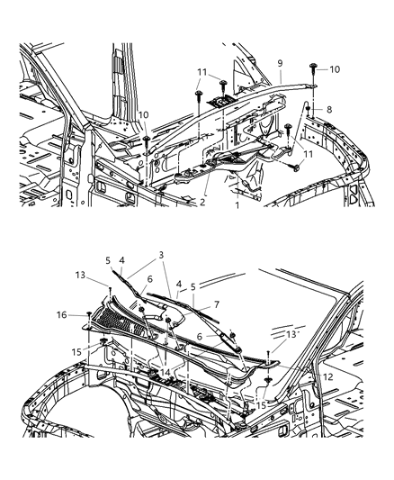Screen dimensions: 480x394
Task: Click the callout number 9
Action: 280,63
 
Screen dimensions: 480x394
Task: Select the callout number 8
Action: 328,109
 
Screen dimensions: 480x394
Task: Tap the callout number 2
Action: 203,203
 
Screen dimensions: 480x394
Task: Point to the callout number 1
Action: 237,206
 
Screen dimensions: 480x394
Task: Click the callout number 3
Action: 161,256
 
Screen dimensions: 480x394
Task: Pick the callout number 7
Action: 215,305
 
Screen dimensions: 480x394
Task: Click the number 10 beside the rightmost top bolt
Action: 335,69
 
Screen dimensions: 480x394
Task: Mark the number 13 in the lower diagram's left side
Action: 80,276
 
